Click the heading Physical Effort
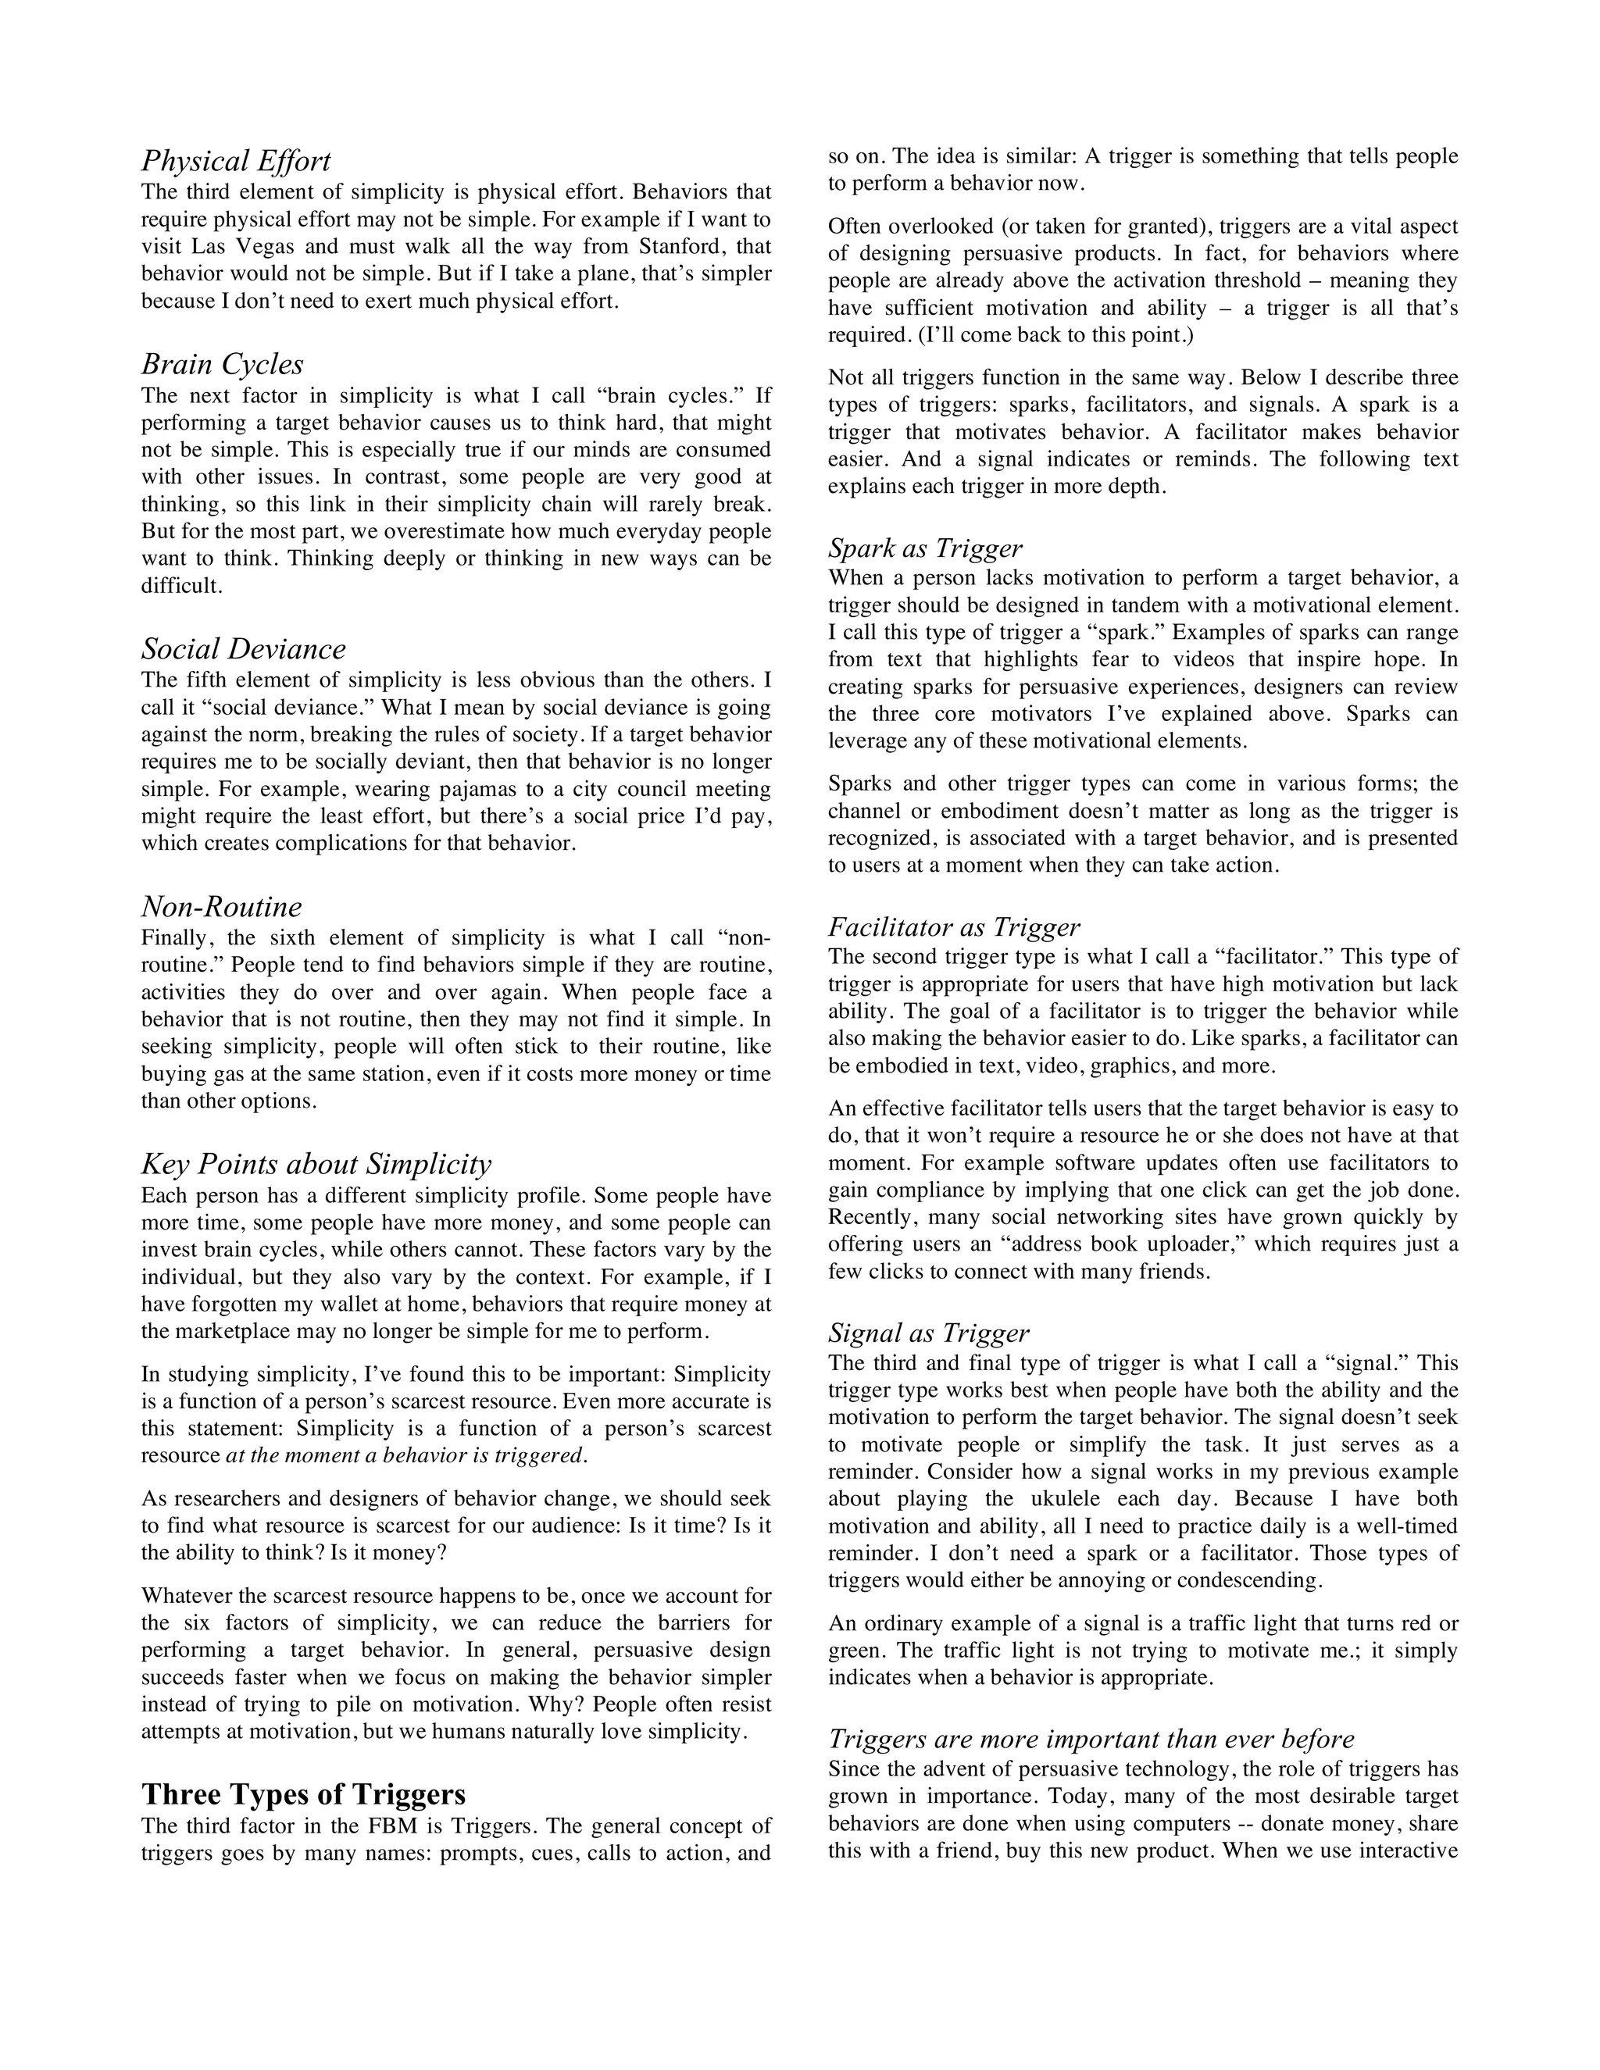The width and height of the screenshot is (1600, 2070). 236,161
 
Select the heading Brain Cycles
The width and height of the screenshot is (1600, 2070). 223,365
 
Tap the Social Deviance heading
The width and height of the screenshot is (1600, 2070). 244,649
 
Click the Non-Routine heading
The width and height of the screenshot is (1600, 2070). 222,907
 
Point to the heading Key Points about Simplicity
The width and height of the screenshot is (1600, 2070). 316,1164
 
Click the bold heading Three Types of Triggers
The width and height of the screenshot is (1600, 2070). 303,1794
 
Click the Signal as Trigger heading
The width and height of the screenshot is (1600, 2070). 928,1333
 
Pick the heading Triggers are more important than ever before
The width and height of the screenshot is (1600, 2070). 1091,1740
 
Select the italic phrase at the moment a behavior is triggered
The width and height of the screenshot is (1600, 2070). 406,1455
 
